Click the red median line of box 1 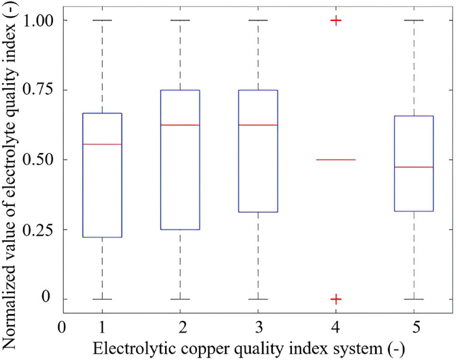(x=102, y=144)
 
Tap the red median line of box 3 (x=258, y=125)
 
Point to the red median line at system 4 (x=336, y=159)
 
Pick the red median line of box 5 (x=414, y=167)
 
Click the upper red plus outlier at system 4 (x=336, y=20)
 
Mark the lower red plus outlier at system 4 (x=336, y=299)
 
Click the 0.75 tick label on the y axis (x=40, y=90)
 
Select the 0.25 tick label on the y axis (x=40, y=230)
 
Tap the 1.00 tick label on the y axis (x=40, y=21)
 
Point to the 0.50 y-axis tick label (x=40, y=160)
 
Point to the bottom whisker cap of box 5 (x=414, y=299)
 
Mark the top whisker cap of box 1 (x=102, y=20)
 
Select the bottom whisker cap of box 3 (x=258, y=299)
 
